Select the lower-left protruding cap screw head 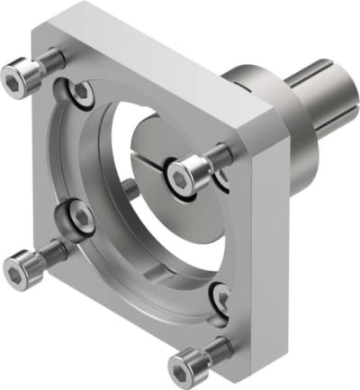pyautogui.click(x=20, y=267)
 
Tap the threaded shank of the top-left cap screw pyautogui.click(x=49, y=62)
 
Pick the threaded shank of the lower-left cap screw pyautogui.click(x=52, y=251)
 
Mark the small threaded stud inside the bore pyautogui.click(x=131, y=191)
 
